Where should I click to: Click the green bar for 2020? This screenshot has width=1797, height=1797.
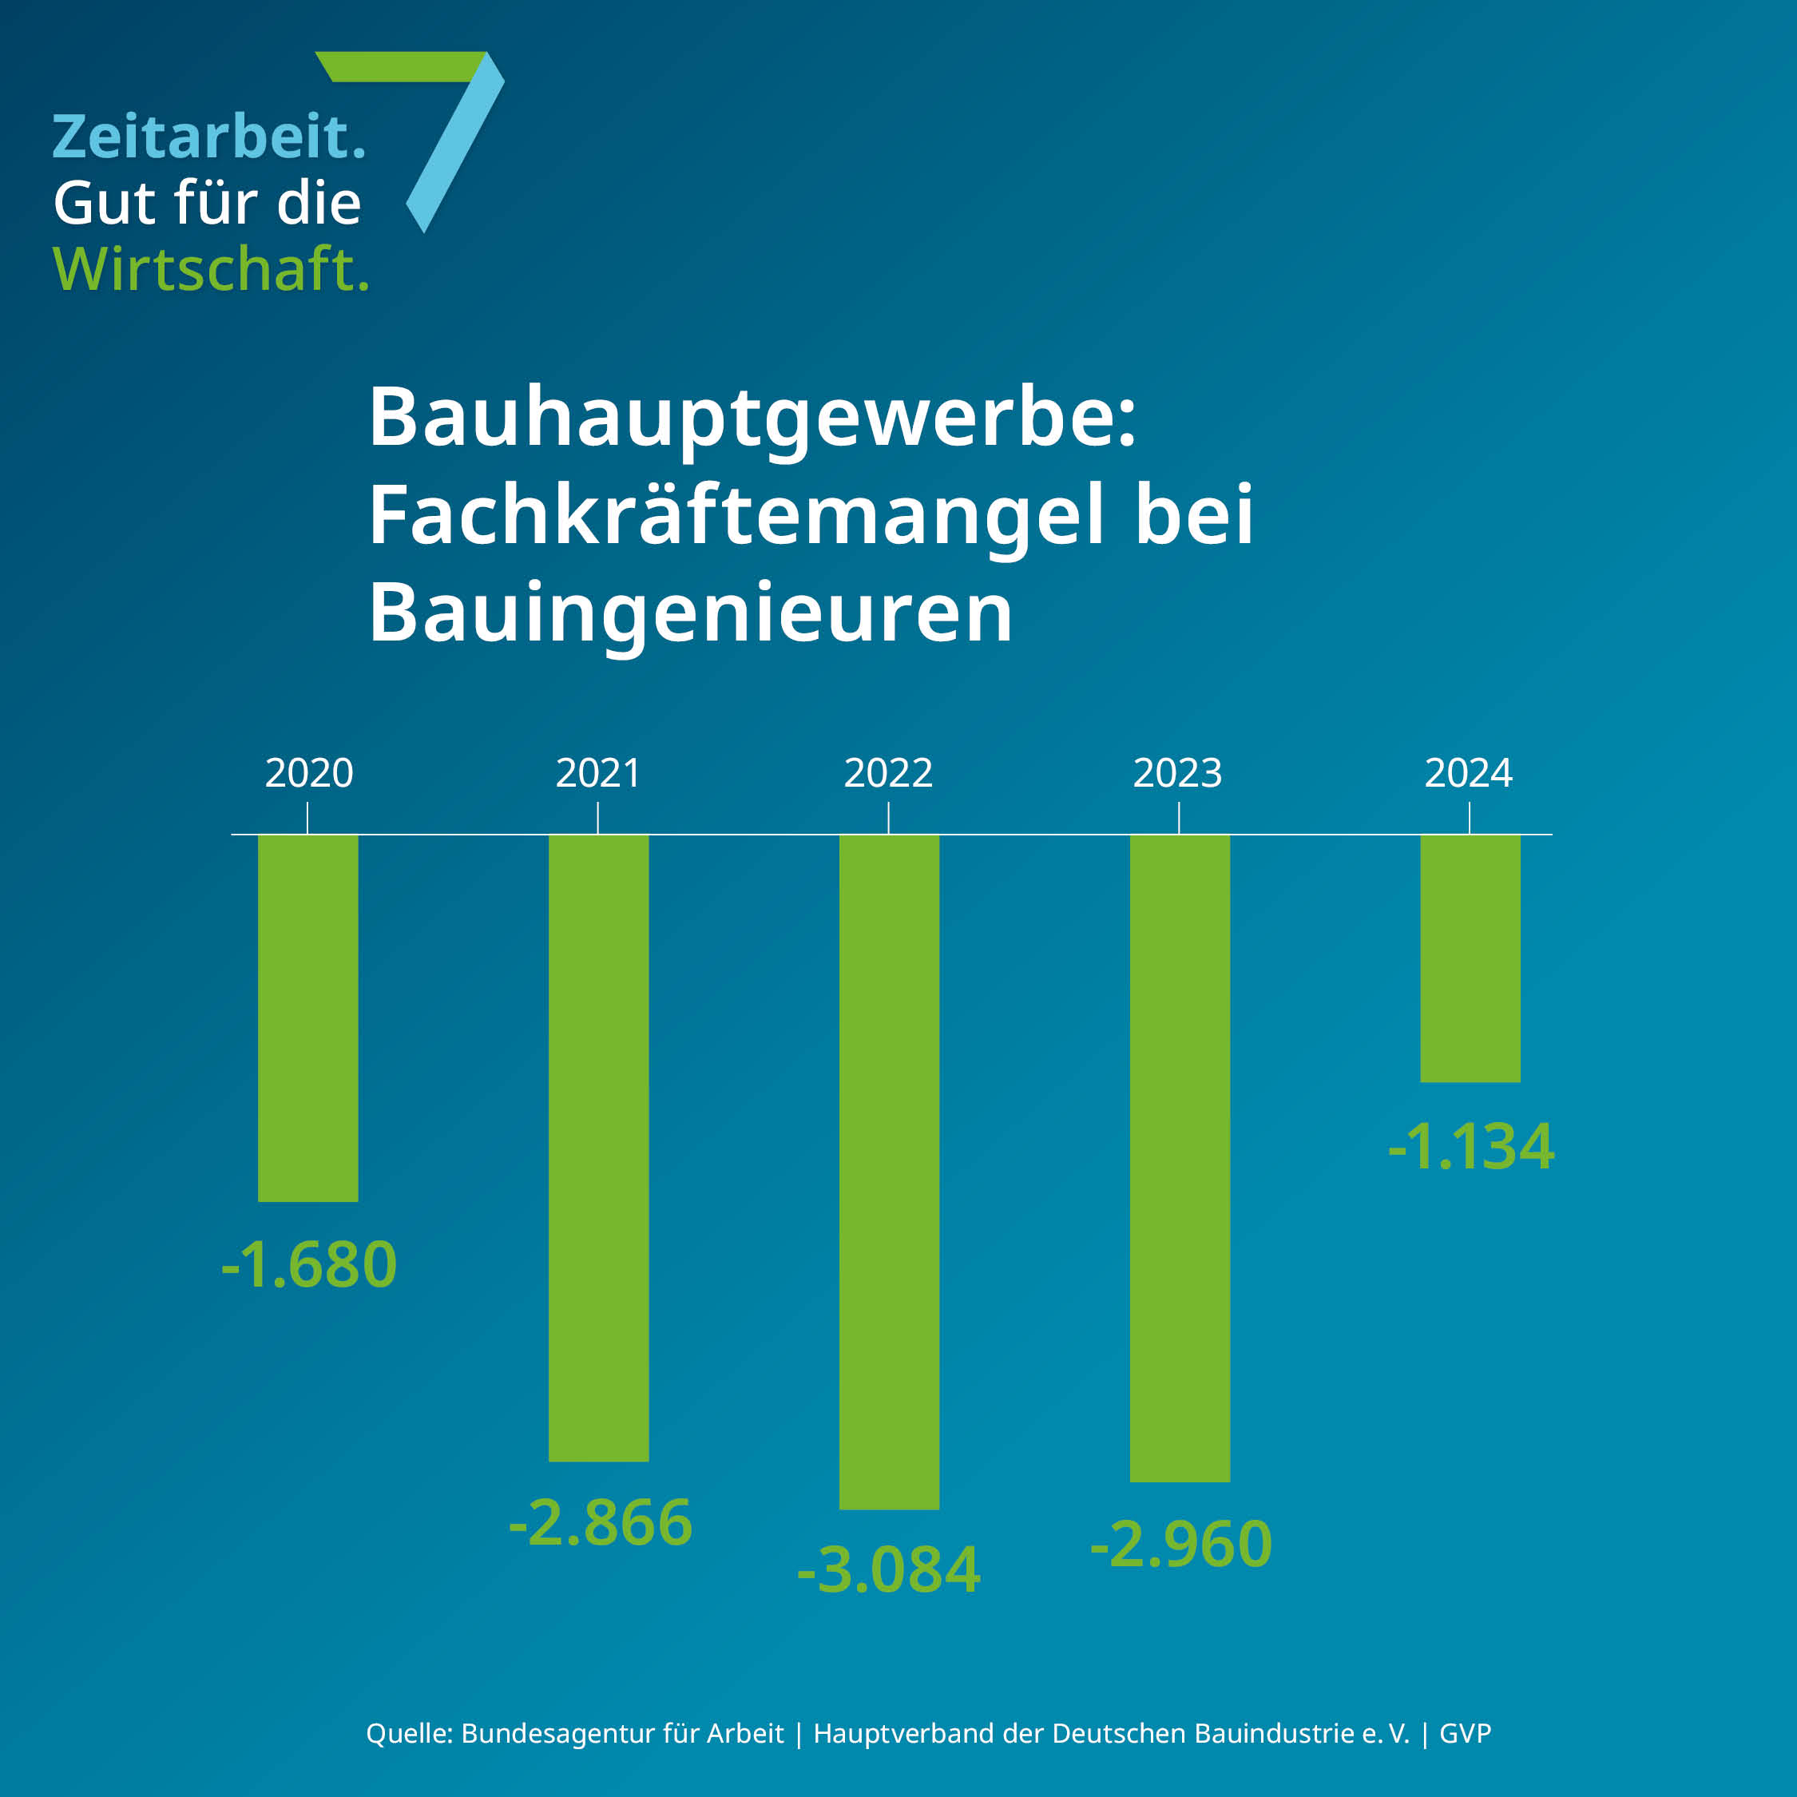pyautogui.click(x=307, y=1018)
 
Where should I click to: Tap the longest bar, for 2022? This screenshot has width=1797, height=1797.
pyautogui.click(x=889, y=1171)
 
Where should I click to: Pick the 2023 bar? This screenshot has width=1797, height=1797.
pyautogui.click(x=1180, y=1157)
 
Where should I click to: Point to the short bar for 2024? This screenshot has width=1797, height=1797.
pyautogui.click(x=1470, y=958)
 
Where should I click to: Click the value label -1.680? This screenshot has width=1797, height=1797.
pyautogui.click(x=309, y=1265)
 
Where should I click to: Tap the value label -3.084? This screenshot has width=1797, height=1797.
pyautogui.click(x=889, y=1571)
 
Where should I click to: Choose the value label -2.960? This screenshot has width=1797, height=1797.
pyautogui.click(x=1181, y=1544)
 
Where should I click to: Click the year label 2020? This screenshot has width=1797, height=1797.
pyautogui.click(x=309, y=773)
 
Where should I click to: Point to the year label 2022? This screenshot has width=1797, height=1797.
pyautogui.click(x=888, y=773)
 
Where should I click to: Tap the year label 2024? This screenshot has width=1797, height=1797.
pyautogui.click(x=1469, y=773)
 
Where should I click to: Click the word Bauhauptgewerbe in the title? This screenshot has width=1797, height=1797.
pyautogui.click(x=752, y=419)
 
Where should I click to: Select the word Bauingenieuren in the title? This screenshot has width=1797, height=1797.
pyautogui.click(x=690, y=614)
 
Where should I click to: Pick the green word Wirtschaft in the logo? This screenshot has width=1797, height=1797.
pyautogui.click(x=211, y=270)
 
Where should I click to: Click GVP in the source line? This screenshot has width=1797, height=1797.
pyautogui.click(x=1465, y=1734)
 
